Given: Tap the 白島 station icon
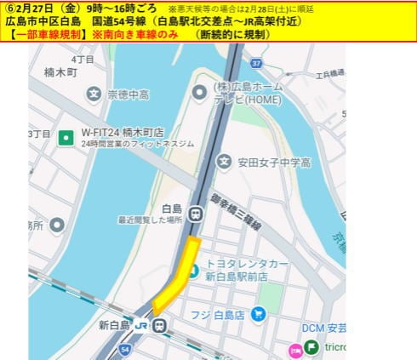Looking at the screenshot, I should click(x=197, y=214).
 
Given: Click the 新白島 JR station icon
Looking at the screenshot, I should click(x=160, y=324).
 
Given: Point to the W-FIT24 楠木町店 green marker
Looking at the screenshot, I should click(x=66, y=134).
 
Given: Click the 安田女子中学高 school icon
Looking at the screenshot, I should click(x=223, y=161).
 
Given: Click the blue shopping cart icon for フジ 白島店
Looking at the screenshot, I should click(x=258, y=315).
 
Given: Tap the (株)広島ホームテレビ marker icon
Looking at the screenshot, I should click(x=199, y=91).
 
